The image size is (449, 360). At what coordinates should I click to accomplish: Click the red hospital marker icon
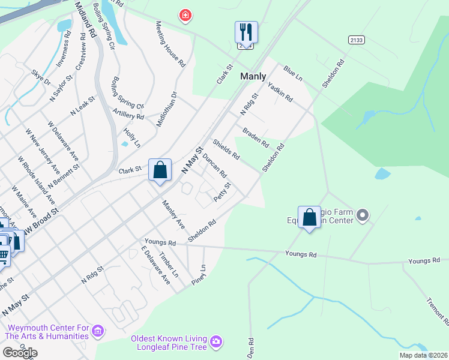[185, 15]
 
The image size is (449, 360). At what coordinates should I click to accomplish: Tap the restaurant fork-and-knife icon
[246, 31]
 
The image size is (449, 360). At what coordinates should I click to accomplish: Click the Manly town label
[253, 76]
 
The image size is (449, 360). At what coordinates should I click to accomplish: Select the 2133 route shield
[356, 39]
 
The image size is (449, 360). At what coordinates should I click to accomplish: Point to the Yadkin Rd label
[280, 91]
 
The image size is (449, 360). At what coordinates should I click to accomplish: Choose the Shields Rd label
[226, 150]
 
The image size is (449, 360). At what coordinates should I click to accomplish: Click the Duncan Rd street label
[214, 166]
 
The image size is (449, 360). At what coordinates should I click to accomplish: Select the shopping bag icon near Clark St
[160, 170]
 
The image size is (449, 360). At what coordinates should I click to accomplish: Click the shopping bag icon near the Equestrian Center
[309, 217]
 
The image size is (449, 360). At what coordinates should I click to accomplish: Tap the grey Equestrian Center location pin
[362, 214]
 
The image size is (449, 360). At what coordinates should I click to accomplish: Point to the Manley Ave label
[173, 214]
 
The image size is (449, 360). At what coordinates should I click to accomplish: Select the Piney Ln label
[199, 274]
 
